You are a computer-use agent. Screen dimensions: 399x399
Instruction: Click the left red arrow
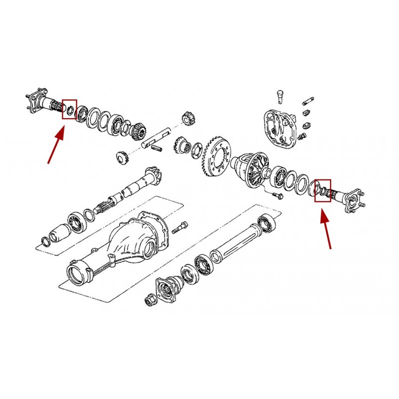click(x=56, y=145)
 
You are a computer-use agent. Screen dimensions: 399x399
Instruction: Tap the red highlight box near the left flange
click(x=69, y=109)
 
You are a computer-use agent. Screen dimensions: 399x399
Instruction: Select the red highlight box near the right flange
click(x=323, y=190)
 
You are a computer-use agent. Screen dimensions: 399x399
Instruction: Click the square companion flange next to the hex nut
click(x=167, y=286)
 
